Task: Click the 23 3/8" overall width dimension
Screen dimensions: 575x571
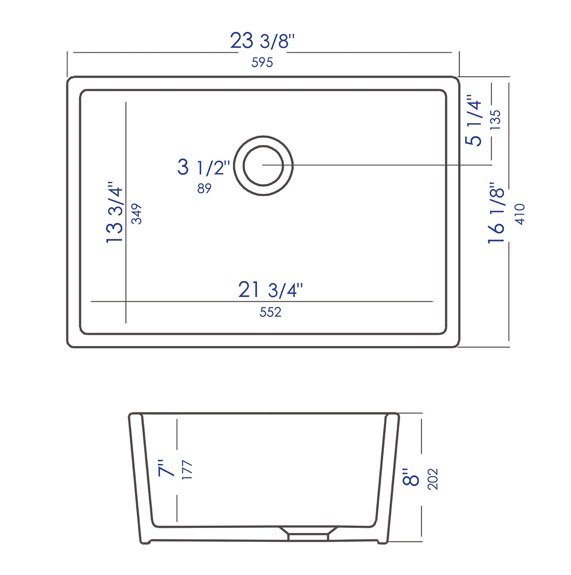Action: tap(262, 41)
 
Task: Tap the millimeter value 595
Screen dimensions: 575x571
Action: tap(262, 62)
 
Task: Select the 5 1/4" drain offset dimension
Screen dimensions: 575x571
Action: tap(474, 120)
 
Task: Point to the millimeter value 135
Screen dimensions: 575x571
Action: tap(495, 120)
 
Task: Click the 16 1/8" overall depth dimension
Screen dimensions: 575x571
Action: tap(496, 213)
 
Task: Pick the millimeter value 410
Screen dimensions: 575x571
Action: tap(520, 214)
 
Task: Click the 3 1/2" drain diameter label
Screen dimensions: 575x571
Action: tap(204, 167)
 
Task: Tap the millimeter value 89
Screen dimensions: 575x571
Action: tap(204, 188)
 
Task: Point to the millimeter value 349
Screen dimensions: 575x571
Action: tap(136, 214)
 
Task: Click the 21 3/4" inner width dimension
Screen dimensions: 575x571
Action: tap(270, 290)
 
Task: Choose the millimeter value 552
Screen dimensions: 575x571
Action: tap(270, 312)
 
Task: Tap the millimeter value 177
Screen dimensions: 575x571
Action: tap(187, 470)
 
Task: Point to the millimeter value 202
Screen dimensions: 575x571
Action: tap(433, 479)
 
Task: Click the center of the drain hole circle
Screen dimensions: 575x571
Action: tap(263, 165)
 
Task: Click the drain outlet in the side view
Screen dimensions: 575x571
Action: tap(308, 534)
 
